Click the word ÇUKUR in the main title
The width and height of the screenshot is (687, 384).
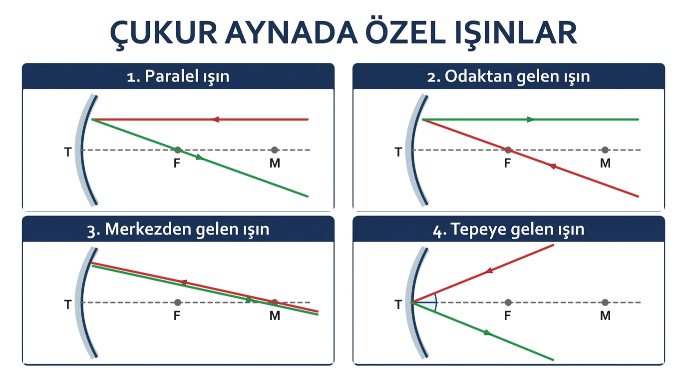(x=164, y=33)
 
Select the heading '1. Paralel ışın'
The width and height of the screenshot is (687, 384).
(x=178, y=76)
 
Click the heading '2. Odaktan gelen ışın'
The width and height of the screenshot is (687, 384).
(x=508, y=76)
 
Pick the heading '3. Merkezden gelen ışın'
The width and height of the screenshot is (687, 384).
(x=178, y=229)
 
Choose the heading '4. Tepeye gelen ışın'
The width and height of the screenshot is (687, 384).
(x=508, y=229)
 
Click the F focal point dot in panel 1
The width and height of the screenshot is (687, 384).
(x=178, y=150)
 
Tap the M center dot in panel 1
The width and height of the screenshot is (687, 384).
(x=275, y=150)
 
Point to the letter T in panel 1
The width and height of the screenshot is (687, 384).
(x=68, y=152)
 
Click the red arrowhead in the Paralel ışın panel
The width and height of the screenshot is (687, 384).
(x=215, y=119)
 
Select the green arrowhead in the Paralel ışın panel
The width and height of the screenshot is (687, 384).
(x=200, y=157)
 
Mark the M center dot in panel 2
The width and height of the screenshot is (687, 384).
(x=605, y=150)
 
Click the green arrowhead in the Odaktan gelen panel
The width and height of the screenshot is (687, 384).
(x=530, y=119)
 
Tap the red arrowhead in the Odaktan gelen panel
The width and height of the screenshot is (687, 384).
(x=552, y=166)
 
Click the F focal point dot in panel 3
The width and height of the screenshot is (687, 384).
(x=178, y=302)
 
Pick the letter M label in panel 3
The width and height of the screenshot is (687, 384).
(x=275, y=315)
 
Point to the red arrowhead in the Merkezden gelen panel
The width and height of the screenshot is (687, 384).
(x=183, y=282)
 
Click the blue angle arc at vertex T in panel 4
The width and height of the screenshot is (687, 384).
(x=435, y=302)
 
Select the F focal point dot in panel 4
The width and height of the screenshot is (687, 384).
(x=508, y=302)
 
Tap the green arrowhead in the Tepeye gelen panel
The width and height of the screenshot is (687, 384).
(x=488, y=332)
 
